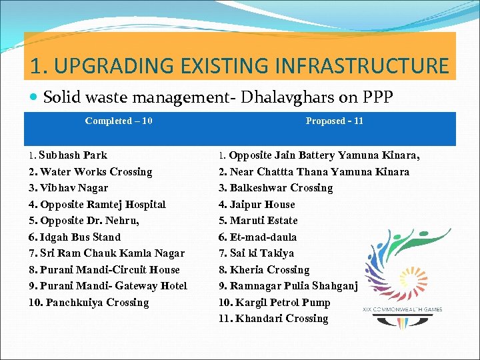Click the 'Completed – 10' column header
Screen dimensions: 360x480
pos(119,121)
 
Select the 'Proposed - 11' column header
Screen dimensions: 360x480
pos(334,121)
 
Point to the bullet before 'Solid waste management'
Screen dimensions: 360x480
pos(34,97)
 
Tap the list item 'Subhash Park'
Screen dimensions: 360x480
pos(73,155)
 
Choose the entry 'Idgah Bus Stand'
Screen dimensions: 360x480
pos(80,237)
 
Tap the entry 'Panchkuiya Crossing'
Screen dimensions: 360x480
pos(94,303)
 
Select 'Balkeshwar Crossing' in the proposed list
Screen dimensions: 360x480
pos(281,188)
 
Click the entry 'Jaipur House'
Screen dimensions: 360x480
pos(262,205)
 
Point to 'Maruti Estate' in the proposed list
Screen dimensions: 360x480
pos(263,221)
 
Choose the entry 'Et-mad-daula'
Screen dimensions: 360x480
pos(263,237)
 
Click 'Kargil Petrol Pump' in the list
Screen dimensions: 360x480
pos(279,303)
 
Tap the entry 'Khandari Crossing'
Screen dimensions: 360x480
pos(279,319)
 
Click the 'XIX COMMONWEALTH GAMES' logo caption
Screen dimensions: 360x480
pos(402,309)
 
